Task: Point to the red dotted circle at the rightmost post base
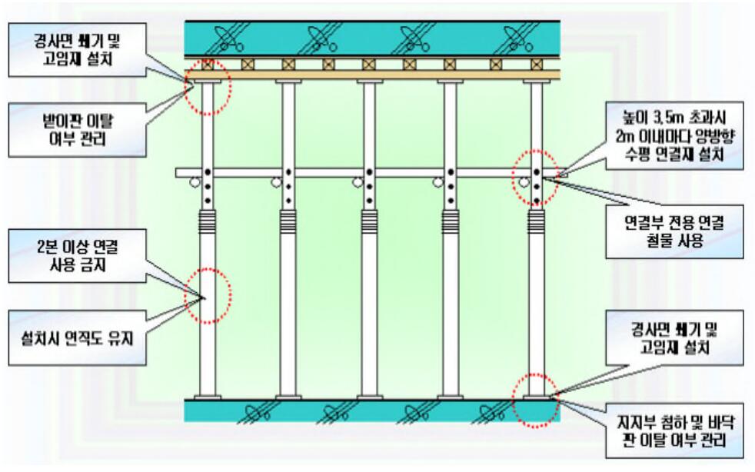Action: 535,400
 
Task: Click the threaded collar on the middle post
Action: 368,223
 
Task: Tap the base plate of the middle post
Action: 368,397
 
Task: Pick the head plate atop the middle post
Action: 368,81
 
